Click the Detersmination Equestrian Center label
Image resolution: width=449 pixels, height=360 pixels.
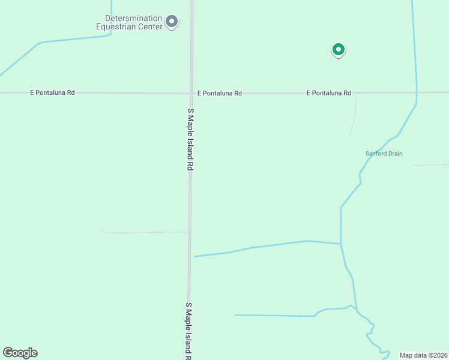(129, 23)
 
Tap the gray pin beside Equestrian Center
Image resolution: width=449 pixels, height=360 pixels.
(172, 22)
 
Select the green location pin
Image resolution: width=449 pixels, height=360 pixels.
(339, 50)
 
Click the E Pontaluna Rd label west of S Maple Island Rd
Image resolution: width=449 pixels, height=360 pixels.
(52, 93)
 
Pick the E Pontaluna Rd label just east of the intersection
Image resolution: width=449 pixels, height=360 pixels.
(220, 94)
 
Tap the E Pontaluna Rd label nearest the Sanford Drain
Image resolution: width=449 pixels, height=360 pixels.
(328, 93)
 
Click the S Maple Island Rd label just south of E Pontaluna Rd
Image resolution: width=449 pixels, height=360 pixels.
(190, 140)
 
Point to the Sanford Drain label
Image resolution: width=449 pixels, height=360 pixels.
(384, 154)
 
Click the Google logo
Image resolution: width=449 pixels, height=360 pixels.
(20, 353)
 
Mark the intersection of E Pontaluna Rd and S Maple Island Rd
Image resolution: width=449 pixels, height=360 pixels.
(191, 93)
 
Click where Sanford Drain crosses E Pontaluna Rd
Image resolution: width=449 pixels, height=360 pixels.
(417, 92)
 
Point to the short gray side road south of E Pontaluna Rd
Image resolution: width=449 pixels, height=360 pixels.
(354, 117)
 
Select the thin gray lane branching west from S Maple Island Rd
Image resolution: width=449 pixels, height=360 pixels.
(144, 232)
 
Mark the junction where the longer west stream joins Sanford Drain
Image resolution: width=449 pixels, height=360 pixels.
(341, 244)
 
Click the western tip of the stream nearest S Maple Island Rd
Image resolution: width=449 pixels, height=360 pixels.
(195, 256)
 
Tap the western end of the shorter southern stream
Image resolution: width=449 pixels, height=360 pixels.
(235, 314)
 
